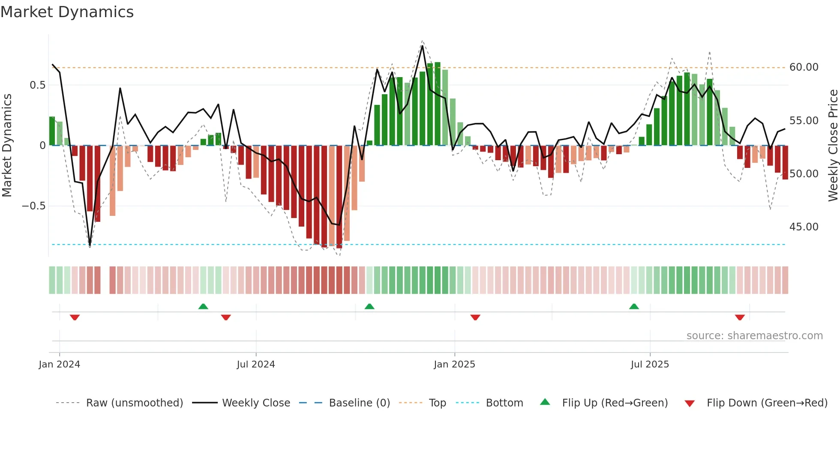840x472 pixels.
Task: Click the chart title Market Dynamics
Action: click(x=67, y=12)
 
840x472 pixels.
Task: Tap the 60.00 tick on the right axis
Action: click(x=804, y=67)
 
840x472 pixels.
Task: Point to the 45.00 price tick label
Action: click(x=804, y=227)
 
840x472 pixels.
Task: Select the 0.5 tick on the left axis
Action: click(x=37, y=85)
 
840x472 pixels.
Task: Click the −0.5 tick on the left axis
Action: click(x=33, y=206)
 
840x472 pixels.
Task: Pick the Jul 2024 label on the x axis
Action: click(x=256, y=364)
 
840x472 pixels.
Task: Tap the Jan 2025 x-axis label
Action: click(x=454, y=364)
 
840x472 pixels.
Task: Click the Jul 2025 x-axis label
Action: click(x=650, y=364)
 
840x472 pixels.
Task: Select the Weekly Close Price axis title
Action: click(x=833, y=146)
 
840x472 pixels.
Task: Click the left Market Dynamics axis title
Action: click(x=7, y=146)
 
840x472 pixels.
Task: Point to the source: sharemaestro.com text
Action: click(x=754, y=336)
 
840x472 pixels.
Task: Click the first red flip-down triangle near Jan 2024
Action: click(x=75, y=317)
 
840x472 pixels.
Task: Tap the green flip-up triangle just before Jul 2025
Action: click(x=634, y=306)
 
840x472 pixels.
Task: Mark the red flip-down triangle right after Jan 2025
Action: click(x=475, y=317)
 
